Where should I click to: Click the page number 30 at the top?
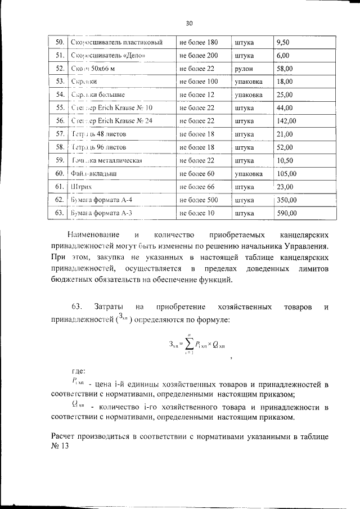188,23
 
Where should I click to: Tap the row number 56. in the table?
58,121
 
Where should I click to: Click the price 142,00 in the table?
286,121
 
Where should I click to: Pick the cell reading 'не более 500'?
199,200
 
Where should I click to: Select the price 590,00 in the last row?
286,213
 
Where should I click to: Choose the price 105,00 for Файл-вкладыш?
286,174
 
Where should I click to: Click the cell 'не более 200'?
199,56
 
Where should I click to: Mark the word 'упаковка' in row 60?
248,174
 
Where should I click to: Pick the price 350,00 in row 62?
286,200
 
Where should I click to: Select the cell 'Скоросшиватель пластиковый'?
118,42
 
